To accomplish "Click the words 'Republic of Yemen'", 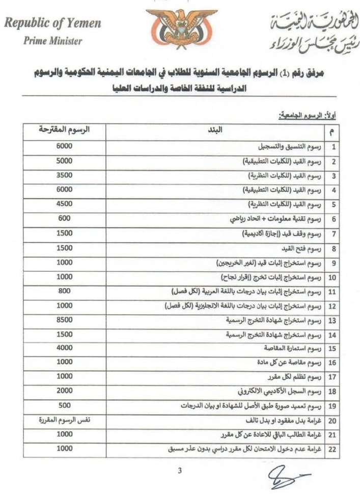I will [x=53, y=23].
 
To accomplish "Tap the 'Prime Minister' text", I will [x=53, y=41].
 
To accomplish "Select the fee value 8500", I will [x=65, y=320].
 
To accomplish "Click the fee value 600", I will [x=65, y=218].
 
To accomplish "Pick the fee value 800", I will [x=65, y=291].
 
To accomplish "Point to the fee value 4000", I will [x=65, y=348].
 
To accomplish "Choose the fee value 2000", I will [x=65, y=392].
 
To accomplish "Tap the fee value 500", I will [x=65, y=406].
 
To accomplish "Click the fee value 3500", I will [x=65, y=175].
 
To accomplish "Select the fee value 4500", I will [x=65, y=204].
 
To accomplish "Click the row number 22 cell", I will [x=334, y=450].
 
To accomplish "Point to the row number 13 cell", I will [x=334, y=320].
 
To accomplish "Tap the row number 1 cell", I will [x=334, y=147].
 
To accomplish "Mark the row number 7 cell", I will [x=334, y=234].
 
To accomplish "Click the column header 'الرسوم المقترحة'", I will [x=65, y=130].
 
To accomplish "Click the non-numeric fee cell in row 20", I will [x=65, y=421].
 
